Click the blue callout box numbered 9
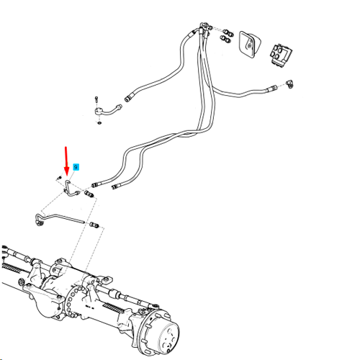click(76, 167)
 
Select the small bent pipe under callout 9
click(71, 189)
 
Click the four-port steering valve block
click(282, 54)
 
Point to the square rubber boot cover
click(249, 44)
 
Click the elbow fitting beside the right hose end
click(289, 84)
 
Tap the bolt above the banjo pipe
click(96, 99)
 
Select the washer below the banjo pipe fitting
click(99, 123)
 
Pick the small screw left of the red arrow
click(59, 178)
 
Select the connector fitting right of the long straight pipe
click(94, 225)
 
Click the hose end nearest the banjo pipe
click(128, 98)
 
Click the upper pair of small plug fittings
click(228, 32)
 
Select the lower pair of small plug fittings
click(225, 39)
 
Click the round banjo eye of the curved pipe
click(97, 112)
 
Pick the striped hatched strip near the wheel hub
click(113, 308)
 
